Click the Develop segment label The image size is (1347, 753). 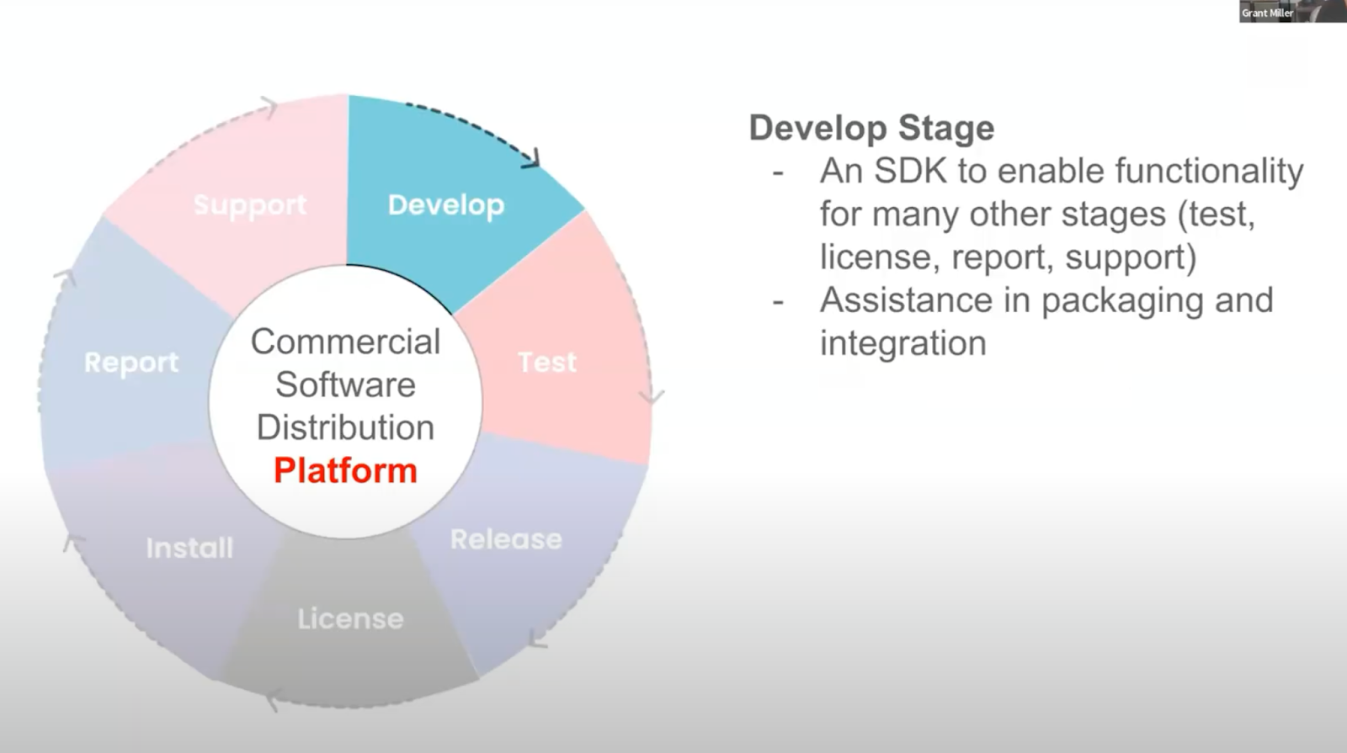tap(445, 205)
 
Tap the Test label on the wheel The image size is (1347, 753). tap(547, 362)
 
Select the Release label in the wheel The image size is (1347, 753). tap(506, 539)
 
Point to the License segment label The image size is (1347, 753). tap(350, 619)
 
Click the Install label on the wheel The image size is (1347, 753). tap(189, 548)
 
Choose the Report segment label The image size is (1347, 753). tap(131, 363)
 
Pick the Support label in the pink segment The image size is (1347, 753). tap(250, 205)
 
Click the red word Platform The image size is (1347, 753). tap(345, 470)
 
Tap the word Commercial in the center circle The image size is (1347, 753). tap(345, 342)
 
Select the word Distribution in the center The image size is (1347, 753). tap(345, 427)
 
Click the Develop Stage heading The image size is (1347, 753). tap(871, 128)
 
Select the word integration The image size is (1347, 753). tap(902, 343)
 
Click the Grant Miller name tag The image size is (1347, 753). tap(1267, 13)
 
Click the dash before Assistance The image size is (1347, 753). tap(778, 301)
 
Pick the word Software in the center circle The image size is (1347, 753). tap(345, 384)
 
